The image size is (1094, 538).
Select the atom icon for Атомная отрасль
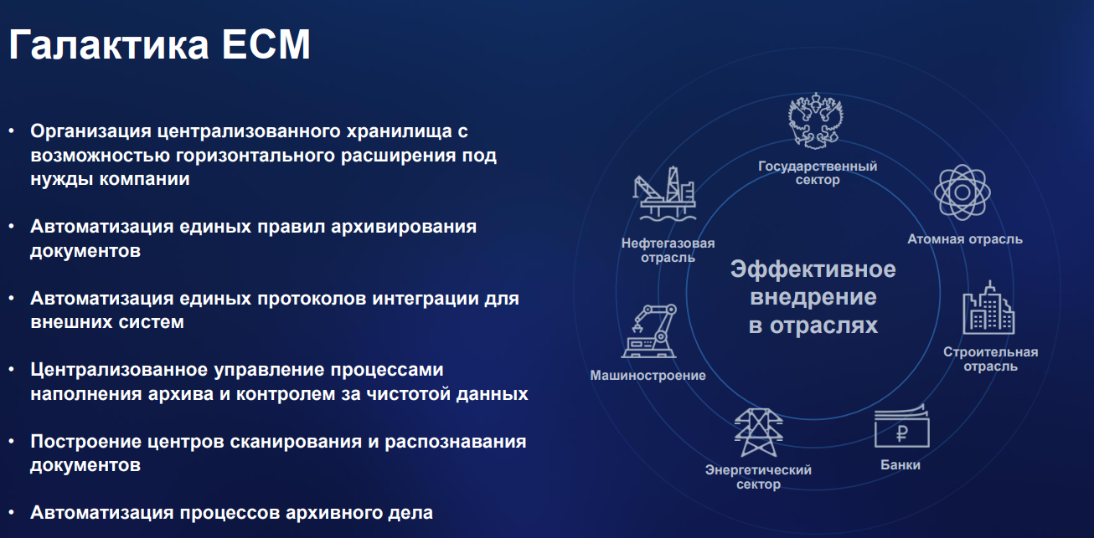(x=963, y=192)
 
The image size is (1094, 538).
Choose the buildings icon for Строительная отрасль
(x=989, y=307)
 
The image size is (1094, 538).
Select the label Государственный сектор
(x=818, y=172)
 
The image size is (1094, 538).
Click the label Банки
(x=900, y=464)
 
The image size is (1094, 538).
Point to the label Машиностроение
(x=648, y=376)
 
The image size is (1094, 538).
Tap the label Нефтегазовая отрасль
(x=668, y=250)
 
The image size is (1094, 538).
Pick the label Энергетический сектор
(x=758, y=477)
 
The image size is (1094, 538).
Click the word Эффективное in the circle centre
(x=813, y=269)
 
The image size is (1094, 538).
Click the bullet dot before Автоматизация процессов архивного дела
(x=12, y=512)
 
